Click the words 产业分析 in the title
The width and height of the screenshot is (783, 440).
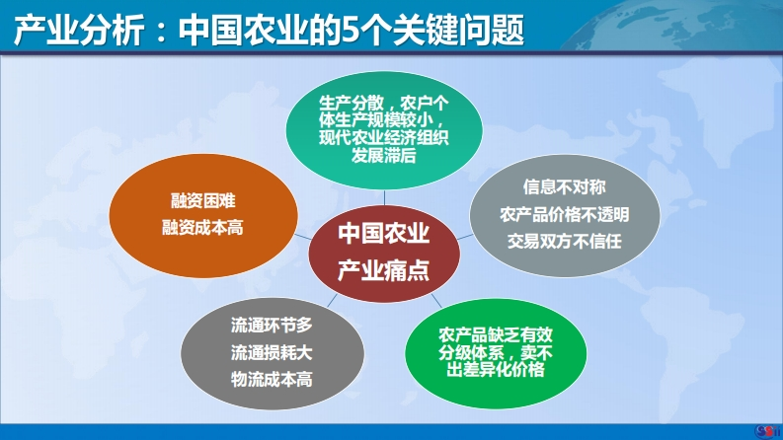coord(79,30)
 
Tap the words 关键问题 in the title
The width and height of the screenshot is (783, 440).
coord(458,30)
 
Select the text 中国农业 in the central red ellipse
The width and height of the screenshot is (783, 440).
coord(383,233)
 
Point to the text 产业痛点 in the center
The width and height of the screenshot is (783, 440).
coord(383,270)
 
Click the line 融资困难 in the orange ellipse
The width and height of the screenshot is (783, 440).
coord(202,201)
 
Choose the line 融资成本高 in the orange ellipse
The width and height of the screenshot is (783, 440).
coord(202,228)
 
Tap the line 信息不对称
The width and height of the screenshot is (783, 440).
coord(564,187)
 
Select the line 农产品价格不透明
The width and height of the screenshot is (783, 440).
coord(564,214)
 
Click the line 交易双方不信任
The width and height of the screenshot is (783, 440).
coord(564,242)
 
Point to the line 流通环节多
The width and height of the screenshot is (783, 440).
coord(272,326)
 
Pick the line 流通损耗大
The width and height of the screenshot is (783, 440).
coord(272,353)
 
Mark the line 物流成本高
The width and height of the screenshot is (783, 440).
coord(272,380)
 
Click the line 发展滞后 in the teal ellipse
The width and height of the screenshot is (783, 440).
coord(383,156)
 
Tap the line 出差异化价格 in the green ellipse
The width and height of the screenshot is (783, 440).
coord(496,370)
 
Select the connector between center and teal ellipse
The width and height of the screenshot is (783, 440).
coord(384,197)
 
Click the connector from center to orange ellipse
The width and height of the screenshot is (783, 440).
coord(302,236)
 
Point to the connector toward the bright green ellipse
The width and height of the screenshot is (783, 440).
coord(436,300)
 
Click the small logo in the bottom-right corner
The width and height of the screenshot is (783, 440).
coord(767,430)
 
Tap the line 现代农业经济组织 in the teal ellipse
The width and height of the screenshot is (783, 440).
coord(383,138)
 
